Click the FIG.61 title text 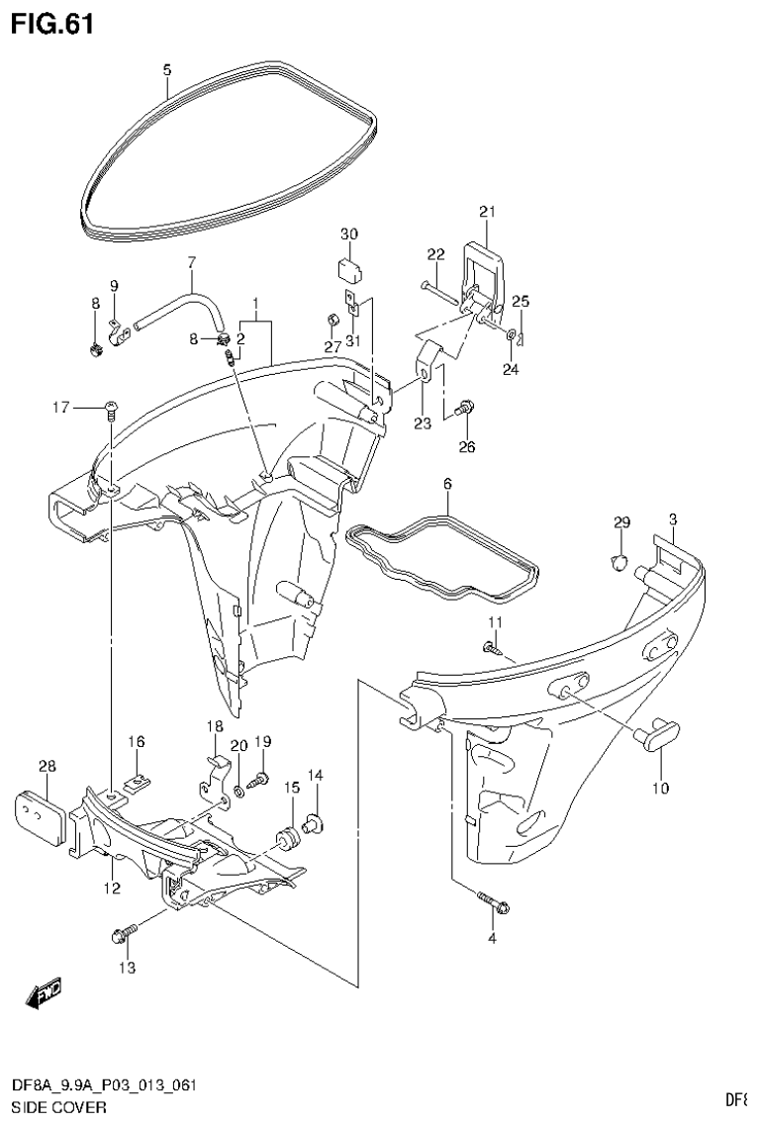pos(51,23)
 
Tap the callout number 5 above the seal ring pos(166,69)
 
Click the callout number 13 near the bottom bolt pos(128,966)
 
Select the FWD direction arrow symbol pos(45,993)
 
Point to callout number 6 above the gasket pos(446,484)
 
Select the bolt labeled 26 pos(464,408)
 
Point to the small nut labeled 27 pos(333,320)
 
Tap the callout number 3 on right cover pos(673,519)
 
